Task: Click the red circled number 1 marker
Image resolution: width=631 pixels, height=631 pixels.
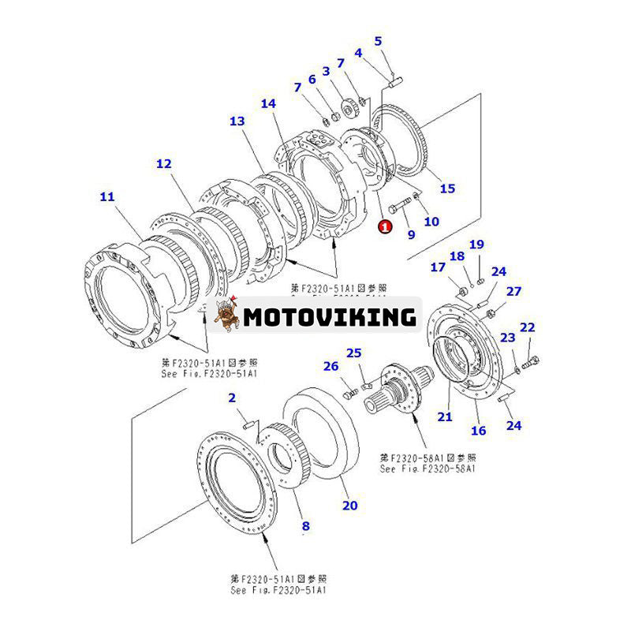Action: pyautogui.click(x=385, y=227)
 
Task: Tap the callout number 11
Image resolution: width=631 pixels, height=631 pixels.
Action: pyautogui.click(x=106, y=196)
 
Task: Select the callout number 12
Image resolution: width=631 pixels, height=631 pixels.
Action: pyautogui.click(x=163, y=164)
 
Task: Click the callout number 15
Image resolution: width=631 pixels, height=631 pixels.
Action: pyautogui.click(x=447, y=188)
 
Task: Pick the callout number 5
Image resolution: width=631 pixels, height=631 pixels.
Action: pyautogui.click(x=378, y=41)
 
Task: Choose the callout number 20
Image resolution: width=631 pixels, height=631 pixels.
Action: pyautogui.click(x=349, y=505)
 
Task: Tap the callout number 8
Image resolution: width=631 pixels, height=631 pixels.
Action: pyautogui.click(x=305, y=526)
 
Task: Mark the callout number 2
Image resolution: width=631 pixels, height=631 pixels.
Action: pyautogui.click(x=233, y=398)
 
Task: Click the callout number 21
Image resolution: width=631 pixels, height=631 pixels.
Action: pyautogui.click(x=445, y=416)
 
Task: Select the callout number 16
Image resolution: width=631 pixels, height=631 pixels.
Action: pyautogui.click(x=479, y=431)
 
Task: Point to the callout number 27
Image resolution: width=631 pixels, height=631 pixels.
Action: pyautogui.click(x=514, y=291)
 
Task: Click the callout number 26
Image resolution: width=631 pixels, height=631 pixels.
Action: pyautogui.click(x=330, y=366)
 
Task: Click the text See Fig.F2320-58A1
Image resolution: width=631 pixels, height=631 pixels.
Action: pyautogui.click(x=428, y=469)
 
